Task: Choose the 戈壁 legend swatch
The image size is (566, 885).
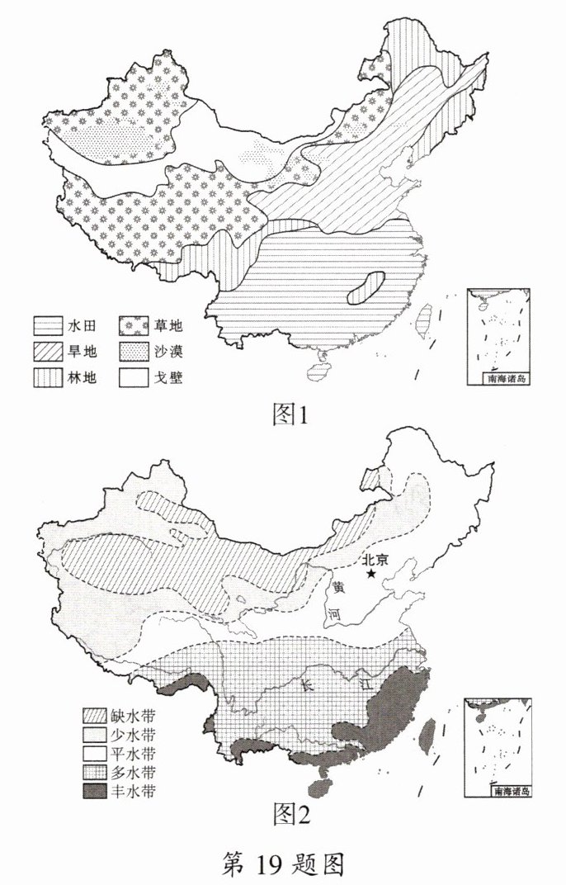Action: (134, 378)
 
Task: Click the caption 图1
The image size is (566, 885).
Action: (290, 414)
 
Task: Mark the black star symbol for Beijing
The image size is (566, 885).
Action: (373, 573)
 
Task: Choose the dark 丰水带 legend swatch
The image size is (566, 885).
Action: (97, 792)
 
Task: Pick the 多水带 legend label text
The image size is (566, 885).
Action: (136, 773)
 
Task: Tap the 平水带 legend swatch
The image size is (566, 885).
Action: (97, 754)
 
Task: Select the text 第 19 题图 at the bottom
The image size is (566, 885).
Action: (283, 863)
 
